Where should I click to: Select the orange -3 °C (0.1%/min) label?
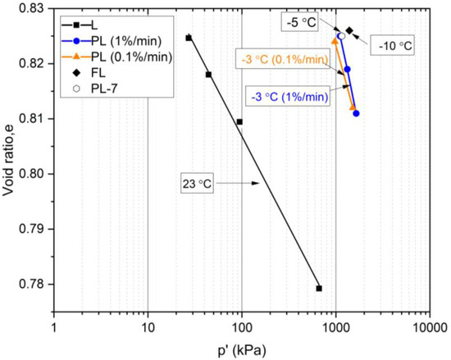pyautogui.click(x=279, y=60)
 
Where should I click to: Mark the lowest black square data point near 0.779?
pyautogui.click(x=319, y=289)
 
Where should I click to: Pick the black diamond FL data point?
pyautogui.click(x=349, y=30)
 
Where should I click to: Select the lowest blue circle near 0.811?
pyautogui.click(x=356, y=113)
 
